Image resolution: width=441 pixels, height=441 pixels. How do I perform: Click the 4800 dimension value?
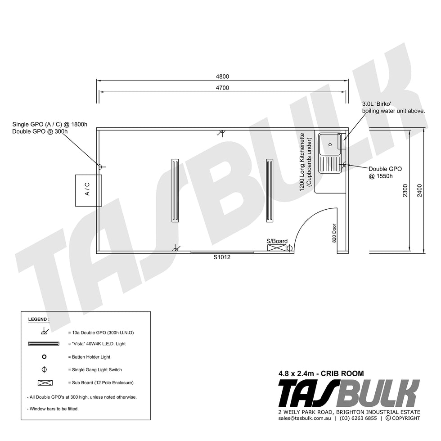click(222, 76)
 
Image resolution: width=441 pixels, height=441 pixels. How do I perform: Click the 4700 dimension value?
click(222, 88)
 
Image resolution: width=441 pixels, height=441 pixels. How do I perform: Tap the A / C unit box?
click(88, 190)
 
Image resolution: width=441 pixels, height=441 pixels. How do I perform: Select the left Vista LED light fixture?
click(175, 191)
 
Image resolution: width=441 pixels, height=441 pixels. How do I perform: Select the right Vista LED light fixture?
click(270, 191)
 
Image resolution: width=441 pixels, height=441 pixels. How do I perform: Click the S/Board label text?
click(277, 241)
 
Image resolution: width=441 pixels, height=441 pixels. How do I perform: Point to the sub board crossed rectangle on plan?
click(276, 248)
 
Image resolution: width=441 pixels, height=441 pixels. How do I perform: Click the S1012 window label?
click(222, 257)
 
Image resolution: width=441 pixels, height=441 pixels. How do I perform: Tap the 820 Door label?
click(334, 233)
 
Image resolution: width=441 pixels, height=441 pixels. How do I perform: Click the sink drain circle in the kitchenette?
click(330, 144)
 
